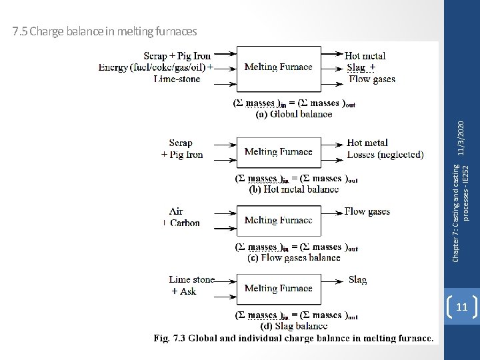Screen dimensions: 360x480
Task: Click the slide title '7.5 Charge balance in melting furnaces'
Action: pos(105,31)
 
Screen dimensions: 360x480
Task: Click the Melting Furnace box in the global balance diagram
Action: pos(278,67)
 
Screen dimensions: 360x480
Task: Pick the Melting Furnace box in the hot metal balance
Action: pos(278,152)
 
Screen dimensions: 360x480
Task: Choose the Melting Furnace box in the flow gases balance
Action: pos(278,221)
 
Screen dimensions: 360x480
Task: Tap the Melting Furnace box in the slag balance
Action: pos(278,289)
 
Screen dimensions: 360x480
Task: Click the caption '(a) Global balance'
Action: pos(294,114)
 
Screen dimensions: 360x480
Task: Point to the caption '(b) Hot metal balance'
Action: pos(293,189)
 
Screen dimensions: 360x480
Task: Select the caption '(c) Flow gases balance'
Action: pos(293,257)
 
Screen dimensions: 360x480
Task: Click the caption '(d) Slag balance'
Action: pos(293,326)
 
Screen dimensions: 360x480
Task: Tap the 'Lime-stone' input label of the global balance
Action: pos(177,79)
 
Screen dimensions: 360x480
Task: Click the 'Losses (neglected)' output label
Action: pos(385,155)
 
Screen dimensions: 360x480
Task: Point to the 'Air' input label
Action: pos(176,211)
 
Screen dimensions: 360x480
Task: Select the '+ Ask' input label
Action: pos(183,291)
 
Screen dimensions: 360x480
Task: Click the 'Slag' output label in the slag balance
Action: pos(357,280)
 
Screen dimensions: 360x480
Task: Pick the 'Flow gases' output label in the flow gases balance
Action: pos(367,211)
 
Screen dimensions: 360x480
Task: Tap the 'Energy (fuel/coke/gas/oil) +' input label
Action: pos(156,67)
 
